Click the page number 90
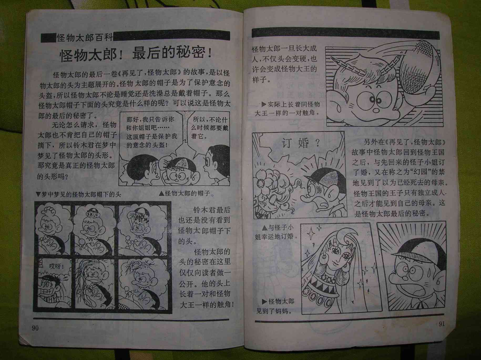click(x=35, y=328)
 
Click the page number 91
click(x=442, y=324)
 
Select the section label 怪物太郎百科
click(x=85, y=38)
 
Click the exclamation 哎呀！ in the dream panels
click(x=57, y=266)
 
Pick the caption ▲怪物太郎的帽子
click(x=186, y=194)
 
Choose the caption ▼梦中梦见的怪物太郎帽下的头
click(x=78, y=194)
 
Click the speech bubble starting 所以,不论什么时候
click(x=209, y=128)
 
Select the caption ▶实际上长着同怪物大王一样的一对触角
click(x=288, y=108)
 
